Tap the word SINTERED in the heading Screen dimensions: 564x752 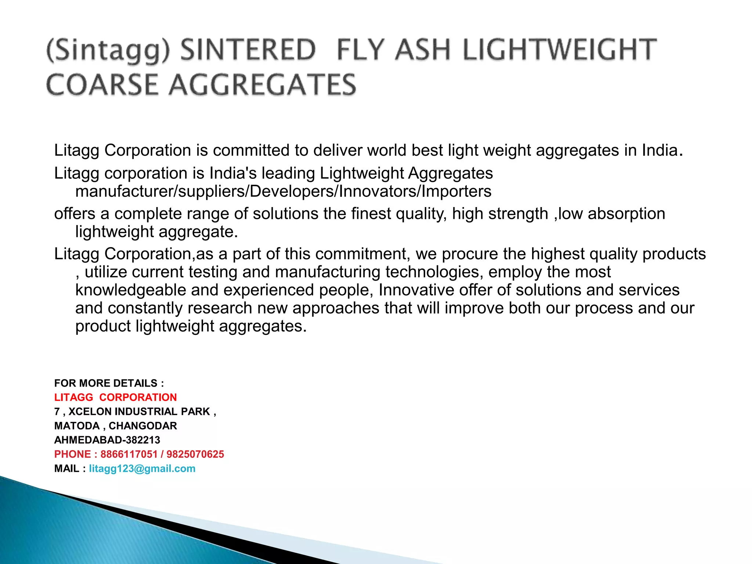tap(248, 50)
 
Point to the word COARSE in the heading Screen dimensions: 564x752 tap(102, 85)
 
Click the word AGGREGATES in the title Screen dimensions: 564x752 tap(263, 85)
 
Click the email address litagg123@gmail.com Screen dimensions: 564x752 tap(142, 469)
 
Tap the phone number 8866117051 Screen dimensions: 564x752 tap(129, 454)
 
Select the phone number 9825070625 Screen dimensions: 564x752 tap(195, 454)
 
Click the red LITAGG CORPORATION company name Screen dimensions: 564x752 tap(115, 397)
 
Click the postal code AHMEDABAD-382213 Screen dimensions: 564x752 tap(107, 440)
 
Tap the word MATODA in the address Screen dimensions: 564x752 tap(77, 426)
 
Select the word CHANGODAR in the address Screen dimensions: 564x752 tap(143, 426)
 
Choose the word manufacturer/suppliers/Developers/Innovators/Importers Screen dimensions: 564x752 tap(283, 191)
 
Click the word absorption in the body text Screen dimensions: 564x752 tap(626, 214)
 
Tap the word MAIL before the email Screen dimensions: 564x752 tap(67, 469)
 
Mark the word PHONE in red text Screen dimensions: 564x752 tap(72, 454)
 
